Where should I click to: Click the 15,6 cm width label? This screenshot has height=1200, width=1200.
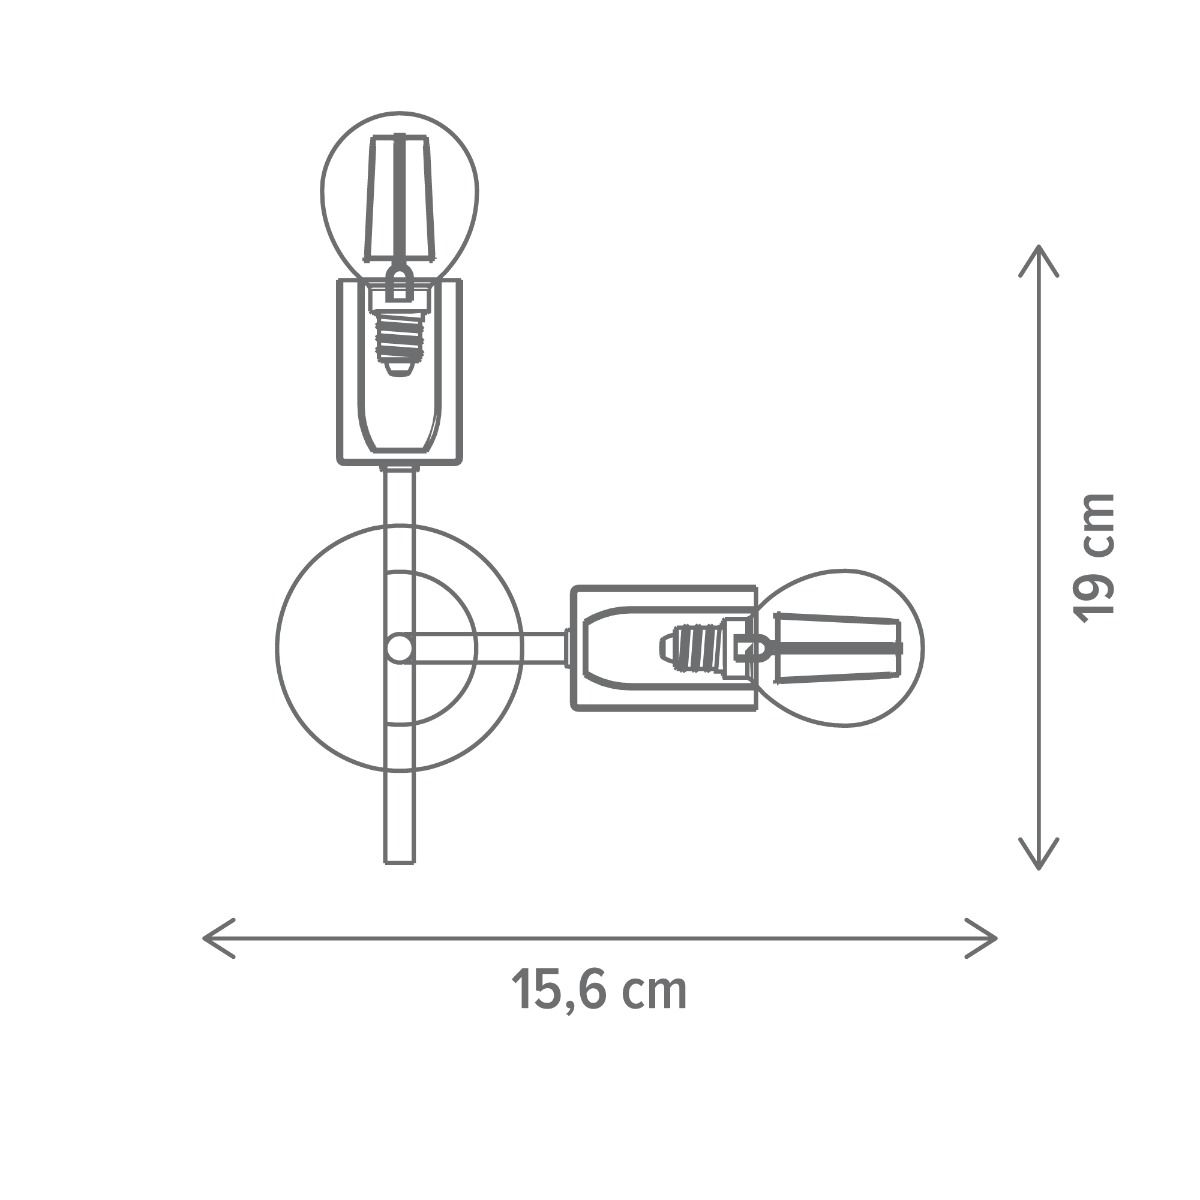click(x=599, y=990)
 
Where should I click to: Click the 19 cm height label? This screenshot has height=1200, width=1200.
click(x=1094, y=557)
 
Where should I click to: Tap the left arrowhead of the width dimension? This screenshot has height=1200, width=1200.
click(x=219, y=938)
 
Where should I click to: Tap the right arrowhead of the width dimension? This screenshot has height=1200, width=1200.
click(x=981, y=938)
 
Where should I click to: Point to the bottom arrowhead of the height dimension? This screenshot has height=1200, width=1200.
click(x=1038, y=853)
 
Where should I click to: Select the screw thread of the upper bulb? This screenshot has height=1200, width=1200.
click(x=400, y=341)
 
